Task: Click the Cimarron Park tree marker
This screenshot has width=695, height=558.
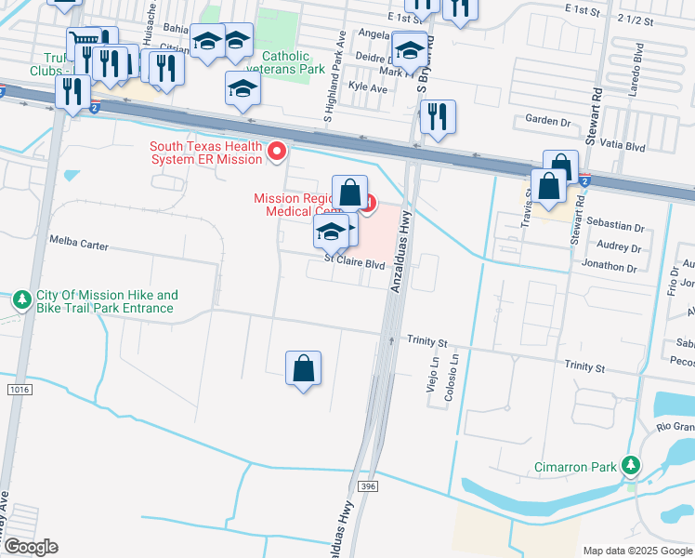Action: pyautogui.click(x=632, y=464)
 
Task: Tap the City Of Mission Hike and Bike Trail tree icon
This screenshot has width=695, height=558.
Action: pyautogui.click(x=22, y=300)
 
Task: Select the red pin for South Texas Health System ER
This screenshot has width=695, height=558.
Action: pyautogui.click(x=276, y=151)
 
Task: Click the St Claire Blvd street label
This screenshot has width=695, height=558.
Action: pyautogui.click(x=354, y=263)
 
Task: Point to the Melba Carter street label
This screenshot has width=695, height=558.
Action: pyautogui.click(x=79, y=246)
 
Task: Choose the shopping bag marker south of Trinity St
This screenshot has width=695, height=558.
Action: pyautogui.click(x=303, y=370)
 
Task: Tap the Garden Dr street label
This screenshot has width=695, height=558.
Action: pyautogui.click(x=547, y=120)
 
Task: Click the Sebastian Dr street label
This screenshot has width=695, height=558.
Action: pyautogui.click(x=615, y=226)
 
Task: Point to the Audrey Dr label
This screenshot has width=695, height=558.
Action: pyautogui.click(x=619, y=247)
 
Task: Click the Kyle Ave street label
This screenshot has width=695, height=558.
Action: pyautogui.click(x=366, y=87)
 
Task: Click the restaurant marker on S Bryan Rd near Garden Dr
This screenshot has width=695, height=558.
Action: pyautogui.click(x=437, y=118)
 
